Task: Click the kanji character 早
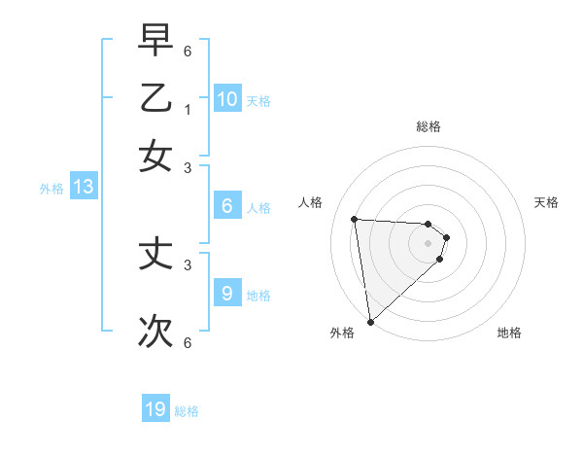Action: tap(155, 40)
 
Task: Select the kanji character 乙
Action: tap(155, 99)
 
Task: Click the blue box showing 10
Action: tap(227, 98)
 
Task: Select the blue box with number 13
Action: tap(84, 187)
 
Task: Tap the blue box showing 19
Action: tap(155, 409)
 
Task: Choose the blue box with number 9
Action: tap(227, 293)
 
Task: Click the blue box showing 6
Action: tap(227, 205)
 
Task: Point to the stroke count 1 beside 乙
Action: tap(188, 109)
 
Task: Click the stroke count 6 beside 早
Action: tap(188, 50)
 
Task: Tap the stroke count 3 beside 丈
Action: tap(188, 264)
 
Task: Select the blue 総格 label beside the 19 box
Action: tap(187, 411)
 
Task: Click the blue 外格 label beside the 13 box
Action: tap(51, 189)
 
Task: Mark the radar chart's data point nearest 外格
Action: tap(370, 321)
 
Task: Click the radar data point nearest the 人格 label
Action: tap(355, 219)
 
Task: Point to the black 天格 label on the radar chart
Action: tap(546, 202)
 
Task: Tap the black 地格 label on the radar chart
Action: tap(509, 333)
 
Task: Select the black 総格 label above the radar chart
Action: tap(429, 126)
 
